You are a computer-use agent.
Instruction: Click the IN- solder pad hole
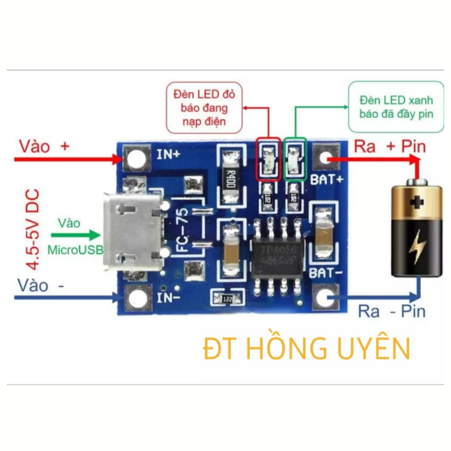pyautogui.click(x=136, y=299)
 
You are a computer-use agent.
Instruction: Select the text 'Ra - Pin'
pyautogui.click(x=391, y=311)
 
